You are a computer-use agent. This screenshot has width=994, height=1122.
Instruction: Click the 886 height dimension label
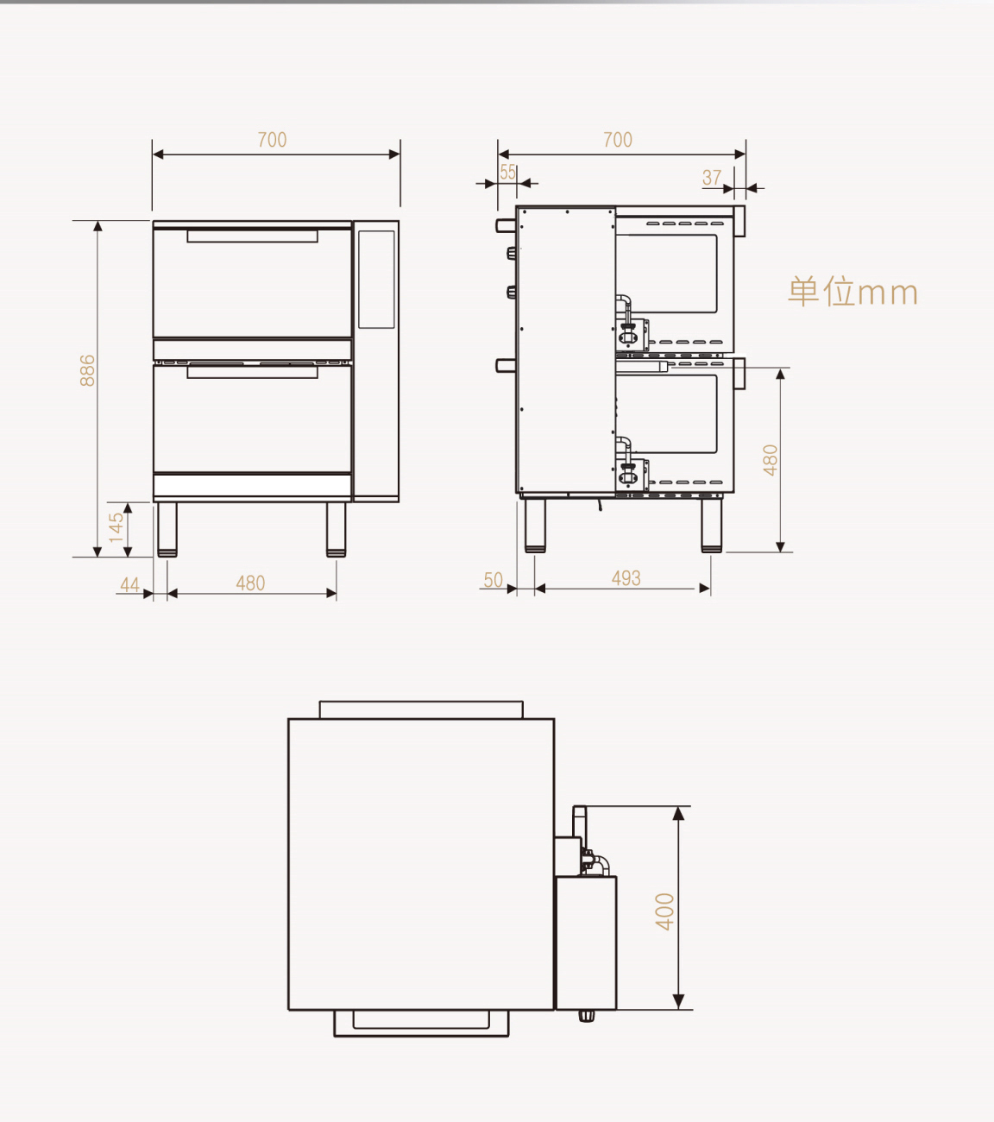(x=87, y=370)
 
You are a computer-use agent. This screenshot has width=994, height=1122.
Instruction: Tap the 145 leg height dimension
(x=116, y=528)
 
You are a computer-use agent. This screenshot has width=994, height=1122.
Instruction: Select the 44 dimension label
(x=129, y=585)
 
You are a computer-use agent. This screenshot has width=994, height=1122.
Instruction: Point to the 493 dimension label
(x=626, y=578)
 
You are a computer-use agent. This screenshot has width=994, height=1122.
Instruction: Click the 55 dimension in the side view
(x=507, y=173)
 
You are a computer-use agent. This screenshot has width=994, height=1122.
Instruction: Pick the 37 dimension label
(x=712, y=178)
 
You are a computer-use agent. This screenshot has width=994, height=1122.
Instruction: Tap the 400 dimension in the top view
(x=665, y=911)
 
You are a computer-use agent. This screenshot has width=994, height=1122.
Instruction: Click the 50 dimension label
(x=493, y=580)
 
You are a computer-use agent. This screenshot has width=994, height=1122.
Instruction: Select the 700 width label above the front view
(x=272, y=140)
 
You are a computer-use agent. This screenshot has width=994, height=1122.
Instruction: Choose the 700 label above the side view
(x=618, y=140)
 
